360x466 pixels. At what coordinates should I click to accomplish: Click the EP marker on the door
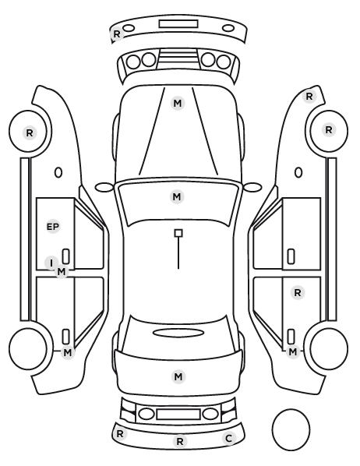click(53, 227)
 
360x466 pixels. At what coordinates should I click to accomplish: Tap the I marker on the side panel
click(51, 263)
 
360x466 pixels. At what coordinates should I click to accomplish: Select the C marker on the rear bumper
click(228, 439)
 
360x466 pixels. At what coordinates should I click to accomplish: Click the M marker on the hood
click(178, 104)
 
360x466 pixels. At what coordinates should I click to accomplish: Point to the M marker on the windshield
click(177, 196)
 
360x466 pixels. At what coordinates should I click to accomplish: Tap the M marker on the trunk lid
click(178, 377)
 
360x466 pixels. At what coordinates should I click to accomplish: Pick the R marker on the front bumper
click(117, 34)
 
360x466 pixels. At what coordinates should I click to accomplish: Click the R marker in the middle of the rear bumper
click(179, 441)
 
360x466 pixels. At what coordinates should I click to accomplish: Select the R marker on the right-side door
click(298, 293)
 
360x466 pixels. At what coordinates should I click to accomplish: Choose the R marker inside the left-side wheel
click(30, 132)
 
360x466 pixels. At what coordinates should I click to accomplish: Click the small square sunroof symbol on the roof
click(178, 233)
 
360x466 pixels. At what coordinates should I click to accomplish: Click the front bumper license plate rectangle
click(178, 24)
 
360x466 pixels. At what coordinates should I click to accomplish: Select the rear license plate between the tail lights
click(178, 414)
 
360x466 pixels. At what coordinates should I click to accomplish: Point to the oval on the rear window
click(178, 333)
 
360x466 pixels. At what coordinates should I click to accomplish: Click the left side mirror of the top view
click(104, 187)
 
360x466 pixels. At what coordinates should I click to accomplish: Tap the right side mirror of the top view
click(252, 187)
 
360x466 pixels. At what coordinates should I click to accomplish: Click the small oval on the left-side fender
click(58, 173)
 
